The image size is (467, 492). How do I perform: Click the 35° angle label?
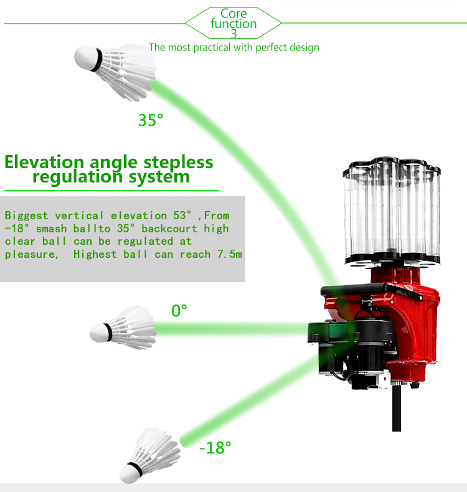(x=151, y=120)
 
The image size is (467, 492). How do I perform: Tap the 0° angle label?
(x=179, y=311)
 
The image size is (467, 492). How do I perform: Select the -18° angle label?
(x=215, y=447)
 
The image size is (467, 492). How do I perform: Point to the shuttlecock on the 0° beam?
(x=123, y=328)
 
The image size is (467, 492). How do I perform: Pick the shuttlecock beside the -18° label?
(x=150, y=456)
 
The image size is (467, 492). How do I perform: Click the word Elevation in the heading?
(x=45, y=162)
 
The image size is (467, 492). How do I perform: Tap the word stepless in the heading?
(x=178, y=163)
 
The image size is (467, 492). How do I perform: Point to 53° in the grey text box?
(x=182, y=215)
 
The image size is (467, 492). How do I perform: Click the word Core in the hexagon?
(x=233, y=14)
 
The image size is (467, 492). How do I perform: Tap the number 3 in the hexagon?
(x=233, y=34)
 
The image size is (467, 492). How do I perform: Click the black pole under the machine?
(x=397, y=409)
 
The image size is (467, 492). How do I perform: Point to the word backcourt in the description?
(x=169, y=229)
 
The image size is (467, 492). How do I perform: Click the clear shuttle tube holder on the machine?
(x=392, y=211)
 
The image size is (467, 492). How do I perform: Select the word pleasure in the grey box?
(x=31, y=255)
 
